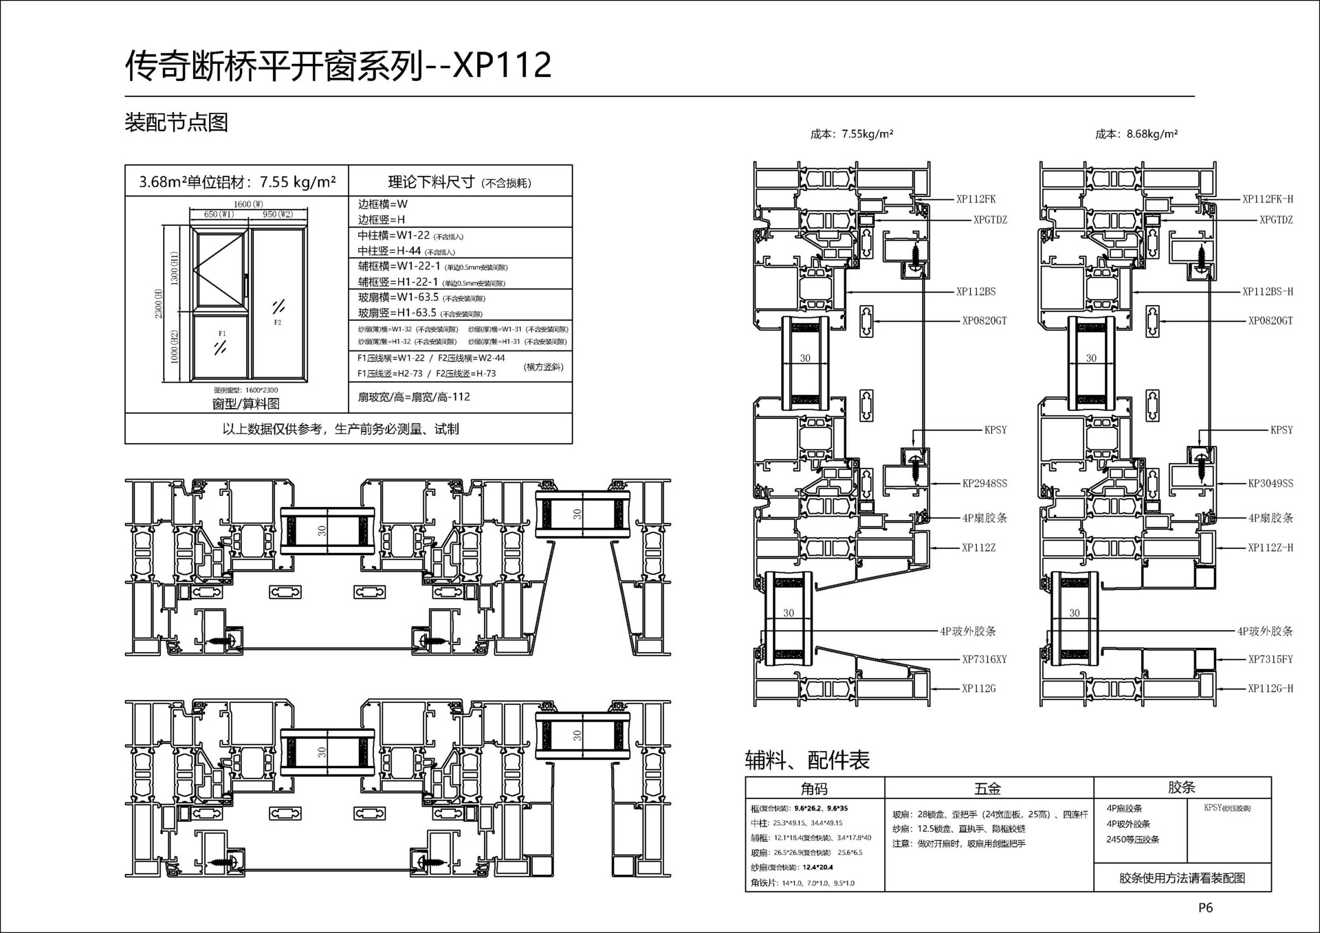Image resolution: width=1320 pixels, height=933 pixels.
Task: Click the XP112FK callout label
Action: click(976, 199)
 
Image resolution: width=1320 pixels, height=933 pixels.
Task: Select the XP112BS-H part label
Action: click(1267, 291)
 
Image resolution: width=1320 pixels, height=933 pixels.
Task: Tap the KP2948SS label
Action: click(984, 484)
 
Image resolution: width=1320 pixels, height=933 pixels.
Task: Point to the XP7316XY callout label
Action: click(984, 660)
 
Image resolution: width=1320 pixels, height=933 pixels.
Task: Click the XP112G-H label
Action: click(1270, 688)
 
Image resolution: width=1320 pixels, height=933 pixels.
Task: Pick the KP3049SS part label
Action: click(1270, 484)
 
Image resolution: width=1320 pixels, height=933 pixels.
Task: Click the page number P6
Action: click(1205, 908)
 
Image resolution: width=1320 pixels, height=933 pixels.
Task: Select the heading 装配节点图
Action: click(176, 122)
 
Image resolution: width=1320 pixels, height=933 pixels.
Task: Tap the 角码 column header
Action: click(814, 789)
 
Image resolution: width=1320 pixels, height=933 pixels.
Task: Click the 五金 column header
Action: click(988, 789)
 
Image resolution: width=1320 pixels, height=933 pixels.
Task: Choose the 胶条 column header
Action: click(1181, 787)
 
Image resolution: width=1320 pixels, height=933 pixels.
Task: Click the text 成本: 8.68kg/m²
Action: click(1136, 134)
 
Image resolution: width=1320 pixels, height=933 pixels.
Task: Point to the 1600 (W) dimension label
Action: click(248, 204)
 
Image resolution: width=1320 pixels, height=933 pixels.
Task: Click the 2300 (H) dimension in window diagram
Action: click(159, 304)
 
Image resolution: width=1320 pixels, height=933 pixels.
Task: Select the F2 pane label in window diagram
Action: click(278, 322)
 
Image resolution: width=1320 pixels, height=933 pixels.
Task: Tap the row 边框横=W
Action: click(383, 204)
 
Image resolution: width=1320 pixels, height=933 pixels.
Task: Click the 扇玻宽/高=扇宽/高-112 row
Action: click(414, 397)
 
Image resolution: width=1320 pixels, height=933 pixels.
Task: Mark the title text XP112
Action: click(503, 65)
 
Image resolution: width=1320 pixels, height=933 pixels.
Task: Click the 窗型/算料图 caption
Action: click(245, 404)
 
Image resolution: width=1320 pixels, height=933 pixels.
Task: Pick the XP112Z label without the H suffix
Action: click(978, 548)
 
